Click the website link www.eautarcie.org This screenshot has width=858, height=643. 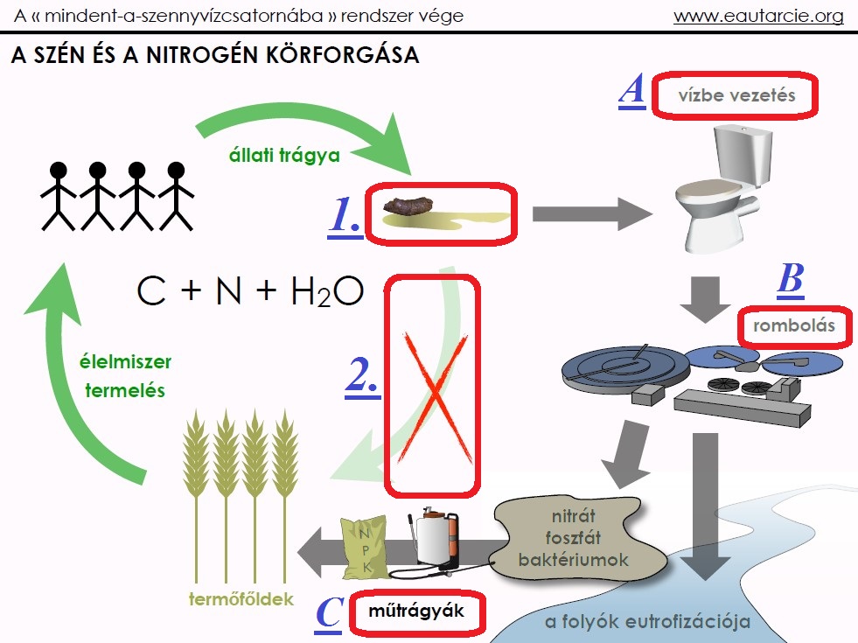pos(758,16)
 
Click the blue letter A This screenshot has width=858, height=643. pos(631,90)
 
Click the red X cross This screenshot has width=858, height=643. pos(432,385)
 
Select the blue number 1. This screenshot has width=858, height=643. pos(345,218)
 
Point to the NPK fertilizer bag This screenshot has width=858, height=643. pos(361,548)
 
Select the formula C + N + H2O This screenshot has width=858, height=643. pos(249,291)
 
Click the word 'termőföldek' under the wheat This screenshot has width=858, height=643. pos(241,599)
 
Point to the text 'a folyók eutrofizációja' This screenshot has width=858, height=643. pos(648,622)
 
